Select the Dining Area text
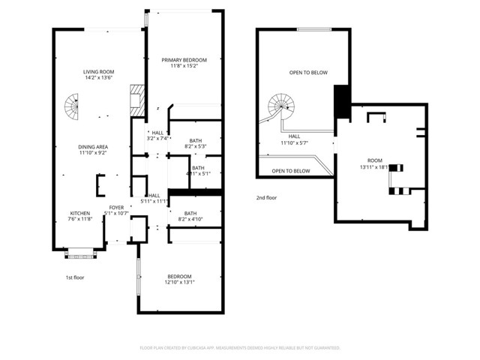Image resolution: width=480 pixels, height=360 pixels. [94, 148]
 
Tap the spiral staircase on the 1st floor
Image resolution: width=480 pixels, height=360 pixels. [70, 109]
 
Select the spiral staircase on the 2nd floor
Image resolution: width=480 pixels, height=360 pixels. [283, 107]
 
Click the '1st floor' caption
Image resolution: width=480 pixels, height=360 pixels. [73, 277]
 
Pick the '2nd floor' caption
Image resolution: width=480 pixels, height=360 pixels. [265, 198]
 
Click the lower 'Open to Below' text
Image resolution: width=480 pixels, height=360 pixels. [291, 171]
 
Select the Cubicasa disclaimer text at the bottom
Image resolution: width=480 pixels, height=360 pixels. [240, 348]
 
